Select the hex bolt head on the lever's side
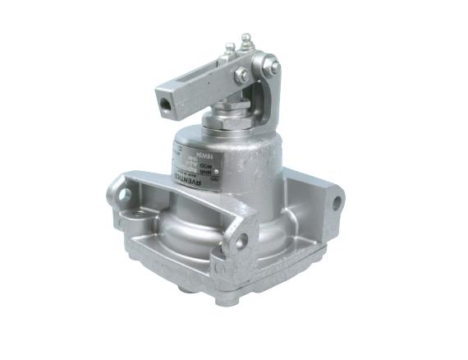pos(242,76)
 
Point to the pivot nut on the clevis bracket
pos(274,67)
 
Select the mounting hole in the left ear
pos(126,196)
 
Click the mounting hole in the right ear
pos(336,203)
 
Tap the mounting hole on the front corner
pos(242,242)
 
